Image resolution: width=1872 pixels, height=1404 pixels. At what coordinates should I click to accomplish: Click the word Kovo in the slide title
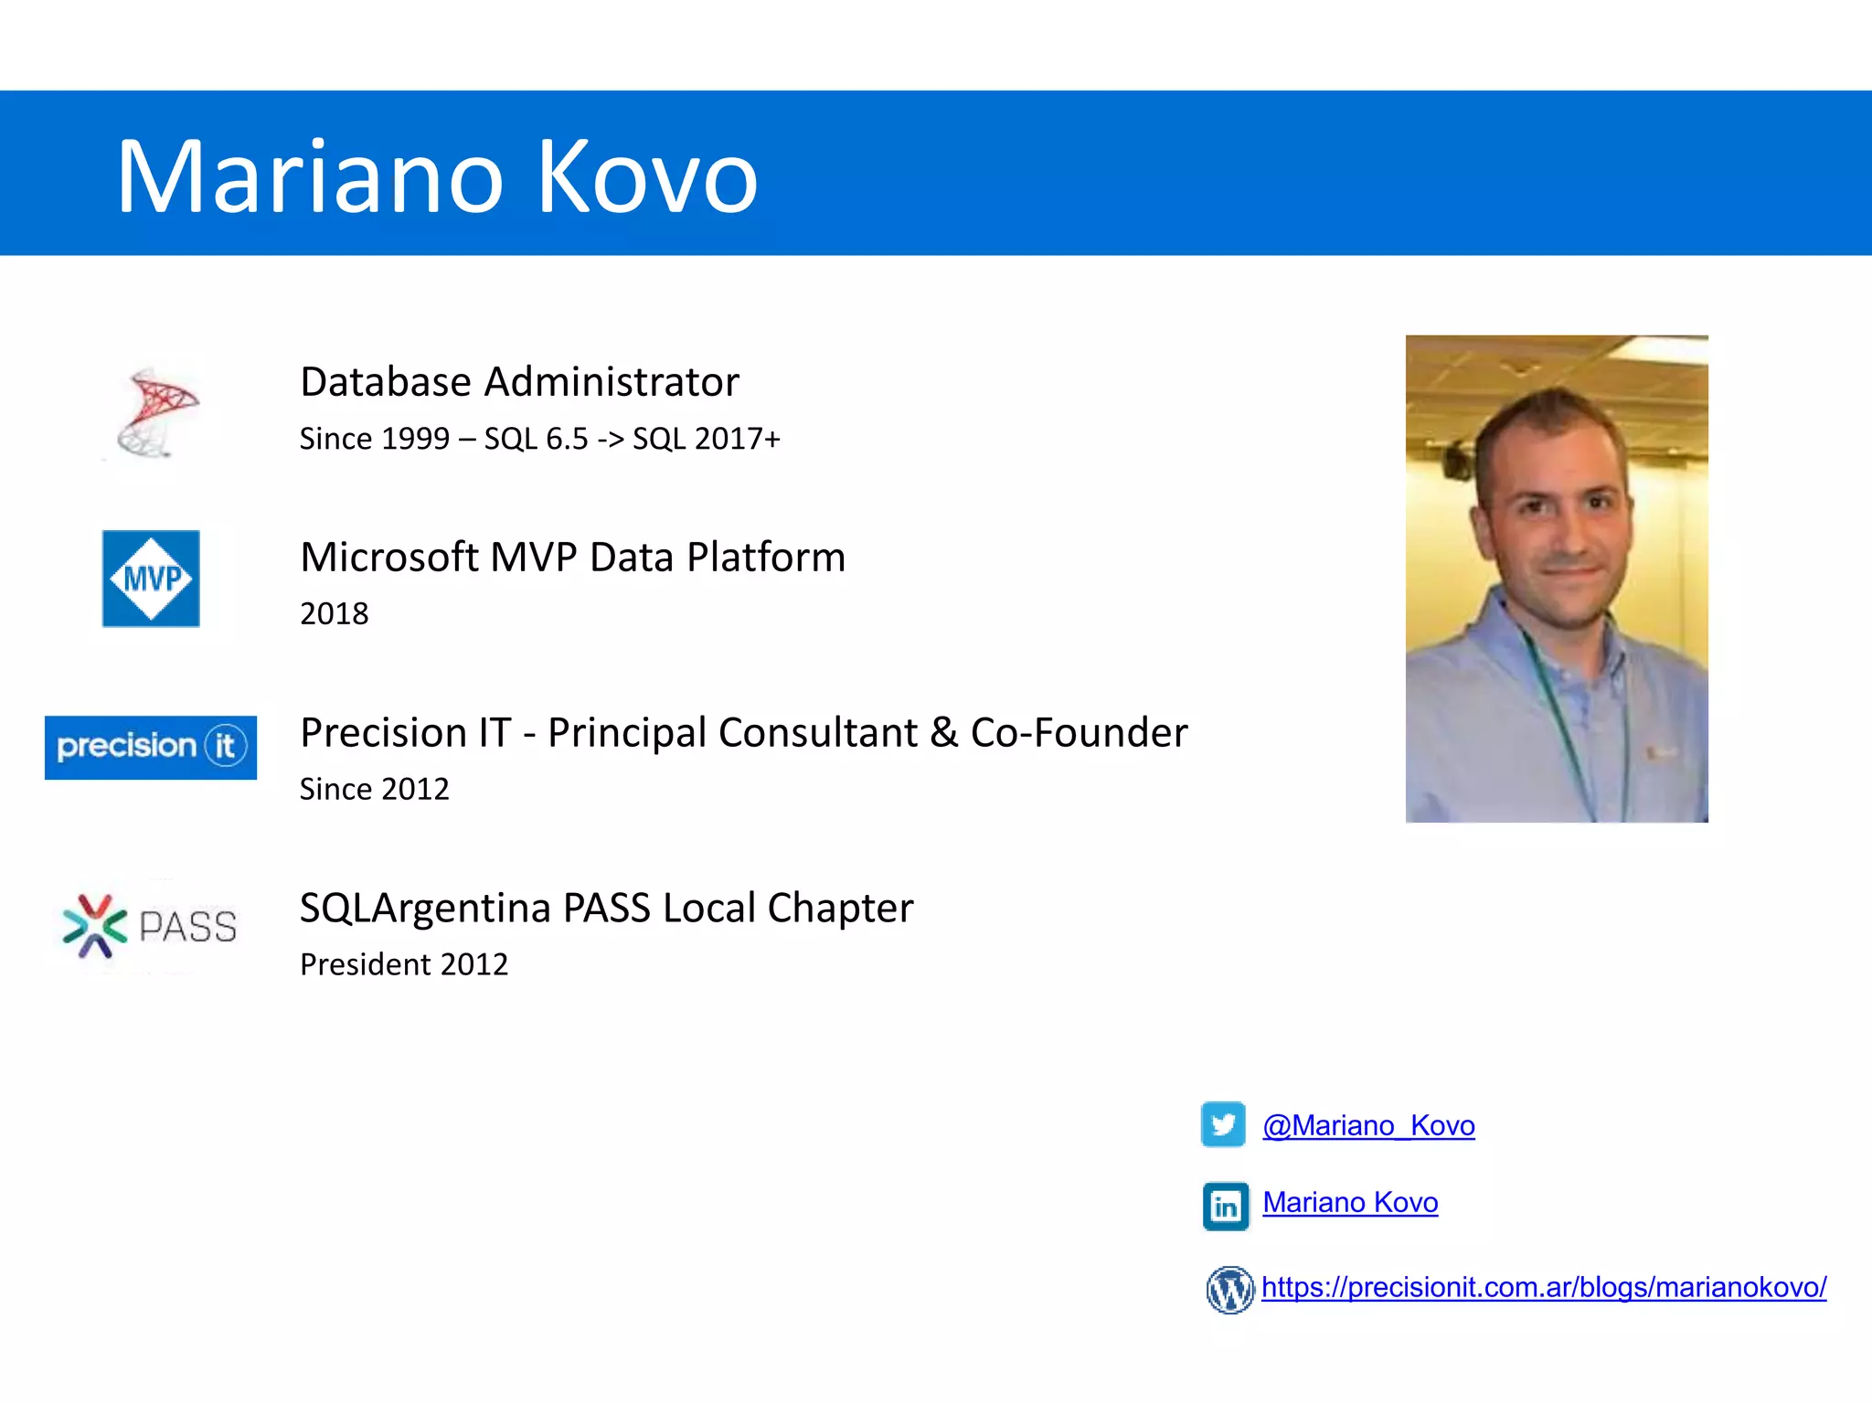647,176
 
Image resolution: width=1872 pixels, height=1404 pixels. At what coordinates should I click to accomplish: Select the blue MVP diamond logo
151,579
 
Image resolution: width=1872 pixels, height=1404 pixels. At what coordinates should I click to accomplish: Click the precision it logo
151,747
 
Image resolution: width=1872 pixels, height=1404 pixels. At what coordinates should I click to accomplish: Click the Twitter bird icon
1223,1124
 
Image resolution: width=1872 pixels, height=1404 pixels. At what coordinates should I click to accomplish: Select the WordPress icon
1229,1290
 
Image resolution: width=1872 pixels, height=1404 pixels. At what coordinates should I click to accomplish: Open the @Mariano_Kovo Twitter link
1368,1125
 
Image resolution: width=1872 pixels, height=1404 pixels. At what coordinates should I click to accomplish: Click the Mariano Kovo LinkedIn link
1350,1202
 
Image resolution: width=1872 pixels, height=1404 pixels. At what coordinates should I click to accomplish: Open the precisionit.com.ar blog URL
1544,1287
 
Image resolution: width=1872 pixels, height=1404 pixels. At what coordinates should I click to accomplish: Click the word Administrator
612,382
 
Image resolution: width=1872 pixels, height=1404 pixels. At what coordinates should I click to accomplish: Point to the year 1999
415,439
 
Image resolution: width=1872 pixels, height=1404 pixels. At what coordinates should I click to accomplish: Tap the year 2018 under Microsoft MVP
335,613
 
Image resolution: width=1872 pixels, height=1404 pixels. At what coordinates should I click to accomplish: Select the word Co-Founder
1079,733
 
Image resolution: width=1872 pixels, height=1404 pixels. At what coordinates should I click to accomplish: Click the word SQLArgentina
425,909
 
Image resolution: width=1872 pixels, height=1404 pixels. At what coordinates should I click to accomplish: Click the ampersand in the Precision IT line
944,733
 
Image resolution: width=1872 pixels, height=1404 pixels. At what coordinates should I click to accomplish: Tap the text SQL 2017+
707,439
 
